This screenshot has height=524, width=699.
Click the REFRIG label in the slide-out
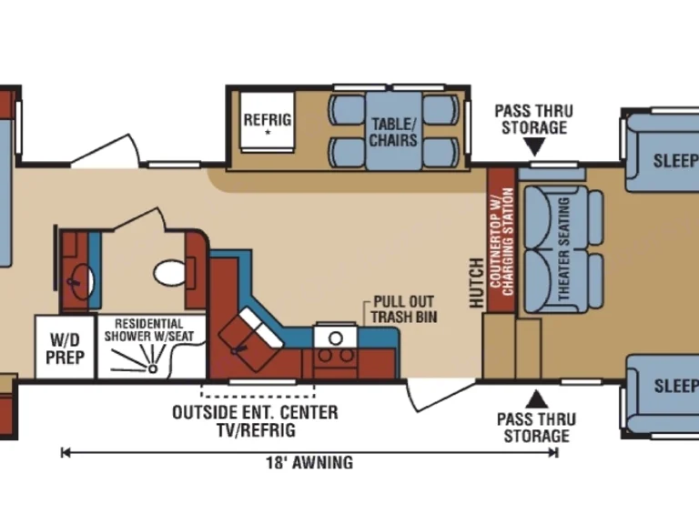click(x=267, y=119)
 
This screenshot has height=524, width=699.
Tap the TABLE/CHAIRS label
click(x=393, y=133)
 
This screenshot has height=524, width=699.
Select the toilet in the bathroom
click(x=168, y=271)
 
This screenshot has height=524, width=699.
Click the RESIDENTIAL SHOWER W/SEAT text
click(x=149, y=329)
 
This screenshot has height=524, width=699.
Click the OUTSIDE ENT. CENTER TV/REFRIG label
click(x=255, y=420)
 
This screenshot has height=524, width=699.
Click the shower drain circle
click(x=153, y=369)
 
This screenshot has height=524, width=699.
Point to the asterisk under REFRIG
click(x=268, y=133)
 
